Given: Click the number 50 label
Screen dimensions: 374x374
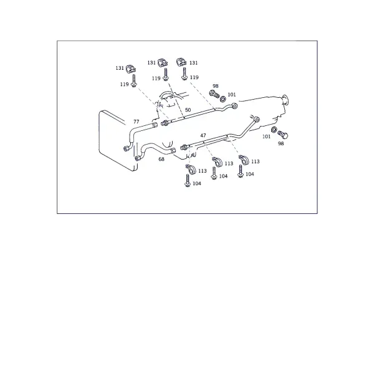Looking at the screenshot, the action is [188, 110].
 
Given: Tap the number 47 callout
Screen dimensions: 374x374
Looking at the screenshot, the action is [203, 135].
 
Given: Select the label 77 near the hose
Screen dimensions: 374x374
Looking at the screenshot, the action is [136, 122].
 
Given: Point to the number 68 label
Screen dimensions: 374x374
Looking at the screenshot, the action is [161, 159].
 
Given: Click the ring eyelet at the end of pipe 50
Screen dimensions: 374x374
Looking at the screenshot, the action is [235, 105].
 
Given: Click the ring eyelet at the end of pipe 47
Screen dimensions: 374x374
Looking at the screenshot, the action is [257, 119].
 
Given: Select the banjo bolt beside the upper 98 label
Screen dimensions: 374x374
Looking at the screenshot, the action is [214, 94].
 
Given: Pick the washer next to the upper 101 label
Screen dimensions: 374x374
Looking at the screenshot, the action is [223, 98].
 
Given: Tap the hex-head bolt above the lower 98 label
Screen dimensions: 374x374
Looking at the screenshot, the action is [282, 135].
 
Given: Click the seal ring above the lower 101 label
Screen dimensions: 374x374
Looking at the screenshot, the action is [274, 130].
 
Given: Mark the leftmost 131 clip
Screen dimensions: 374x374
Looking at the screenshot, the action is [131, 69].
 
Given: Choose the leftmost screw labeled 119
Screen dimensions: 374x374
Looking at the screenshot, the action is [134, 81].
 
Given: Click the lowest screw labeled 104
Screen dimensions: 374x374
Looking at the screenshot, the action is [188, 181].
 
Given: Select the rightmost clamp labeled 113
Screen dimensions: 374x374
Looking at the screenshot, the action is [244, 160].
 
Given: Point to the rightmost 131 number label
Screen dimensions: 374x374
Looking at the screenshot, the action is [193, 63].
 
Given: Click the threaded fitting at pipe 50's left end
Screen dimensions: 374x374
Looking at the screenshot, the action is [165, 123].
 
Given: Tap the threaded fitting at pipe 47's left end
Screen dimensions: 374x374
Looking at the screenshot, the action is [184, 146].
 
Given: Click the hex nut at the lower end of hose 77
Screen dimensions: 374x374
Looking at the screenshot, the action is [126, 148].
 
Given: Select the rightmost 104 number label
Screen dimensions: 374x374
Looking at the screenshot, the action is [250, 174].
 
